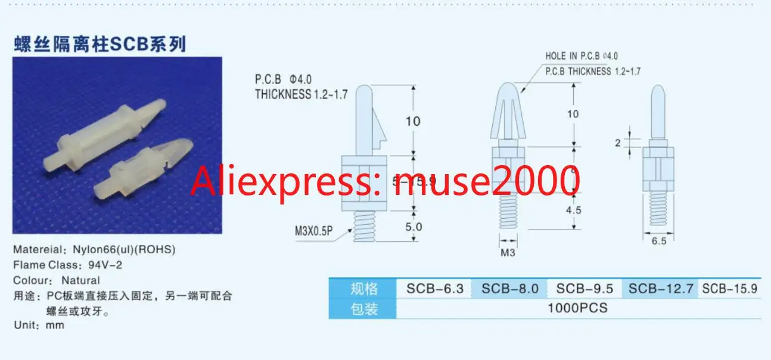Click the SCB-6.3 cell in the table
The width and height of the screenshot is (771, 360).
tap(434, 288)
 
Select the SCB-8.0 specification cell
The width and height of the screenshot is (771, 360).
tap(509, 288)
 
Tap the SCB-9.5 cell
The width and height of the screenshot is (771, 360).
tap(585, 288)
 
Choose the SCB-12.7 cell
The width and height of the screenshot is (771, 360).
tap(661, 288)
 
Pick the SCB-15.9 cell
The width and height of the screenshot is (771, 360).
tap(729, 288)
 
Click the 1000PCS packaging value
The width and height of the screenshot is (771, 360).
tap(578, 308)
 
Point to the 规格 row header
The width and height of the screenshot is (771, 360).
tap(363, 288)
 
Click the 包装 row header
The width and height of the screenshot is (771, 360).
tap(363, 308)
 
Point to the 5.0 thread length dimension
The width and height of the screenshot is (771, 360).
tap(414, 227)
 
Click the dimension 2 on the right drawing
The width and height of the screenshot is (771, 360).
tap(618, 143)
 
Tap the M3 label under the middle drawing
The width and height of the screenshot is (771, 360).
tap(507, 252)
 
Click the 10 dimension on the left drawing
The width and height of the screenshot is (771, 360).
tap(412, 121)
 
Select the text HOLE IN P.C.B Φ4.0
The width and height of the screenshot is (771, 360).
tap(582, 56)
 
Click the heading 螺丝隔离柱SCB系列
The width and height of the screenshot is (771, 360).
tap(100, 44)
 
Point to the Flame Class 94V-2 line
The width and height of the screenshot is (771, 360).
tap(68, 265)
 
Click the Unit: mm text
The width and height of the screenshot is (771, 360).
tap(39, 325)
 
